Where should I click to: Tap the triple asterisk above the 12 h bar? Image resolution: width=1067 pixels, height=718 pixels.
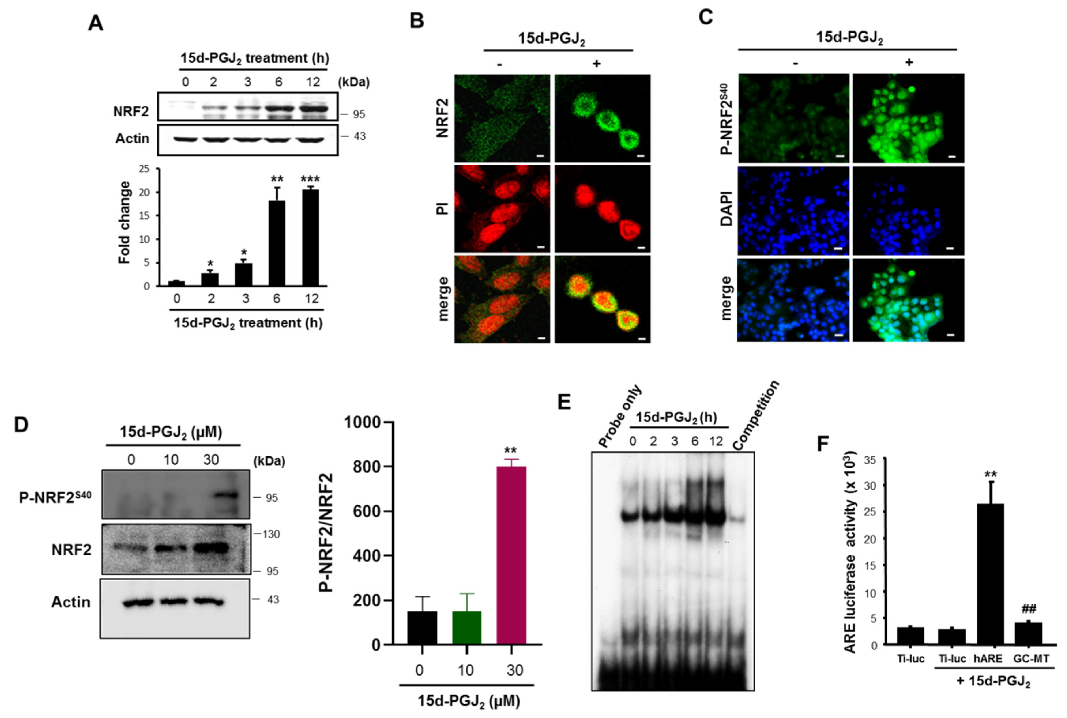(x=310, y=179)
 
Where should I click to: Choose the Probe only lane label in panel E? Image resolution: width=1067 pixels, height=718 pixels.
(x=621, y=417)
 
